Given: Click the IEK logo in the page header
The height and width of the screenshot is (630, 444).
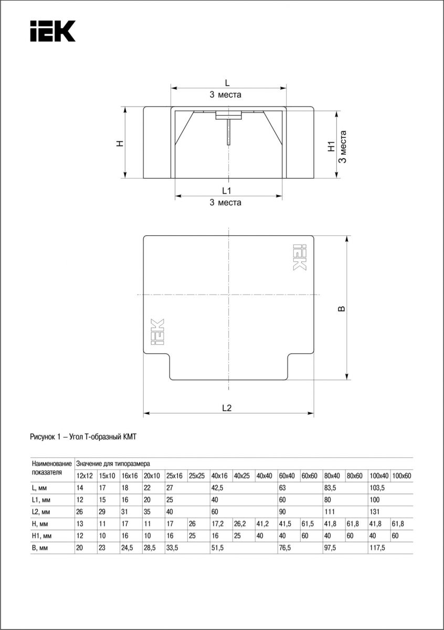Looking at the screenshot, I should pos(52,31).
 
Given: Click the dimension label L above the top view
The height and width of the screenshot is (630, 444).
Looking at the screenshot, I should pos(227,82).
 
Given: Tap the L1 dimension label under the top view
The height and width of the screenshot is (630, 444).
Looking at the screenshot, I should pos(226,190).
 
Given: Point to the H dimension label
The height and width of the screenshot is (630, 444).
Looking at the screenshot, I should pos(120,143).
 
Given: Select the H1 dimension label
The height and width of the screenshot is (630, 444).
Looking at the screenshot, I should pos(331,146).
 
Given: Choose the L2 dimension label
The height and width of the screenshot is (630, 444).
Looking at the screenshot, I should pos(226,408).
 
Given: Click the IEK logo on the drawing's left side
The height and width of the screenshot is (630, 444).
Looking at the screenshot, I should pos(157,331).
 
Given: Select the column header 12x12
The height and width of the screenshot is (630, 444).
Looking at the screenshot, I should pos(84,476).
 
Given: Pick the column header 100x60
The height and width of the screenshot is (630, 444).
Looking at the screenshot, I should pos(401,476).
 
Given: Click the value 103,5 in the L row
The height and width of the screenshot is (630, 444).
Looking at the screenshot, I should pos(378,488).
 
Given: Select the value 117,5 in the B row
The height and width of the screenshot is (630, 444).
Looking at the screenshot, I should pos(378,547).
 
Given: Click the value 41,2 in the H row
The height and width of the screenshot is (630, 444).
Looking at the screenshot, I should pos(265,524).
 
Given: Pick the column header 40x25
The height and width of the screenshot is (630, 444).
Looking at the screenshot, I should pos(242,476).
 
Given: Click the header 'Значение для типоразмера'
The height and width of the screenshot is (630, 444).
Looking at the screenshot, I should pos(113,464).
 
